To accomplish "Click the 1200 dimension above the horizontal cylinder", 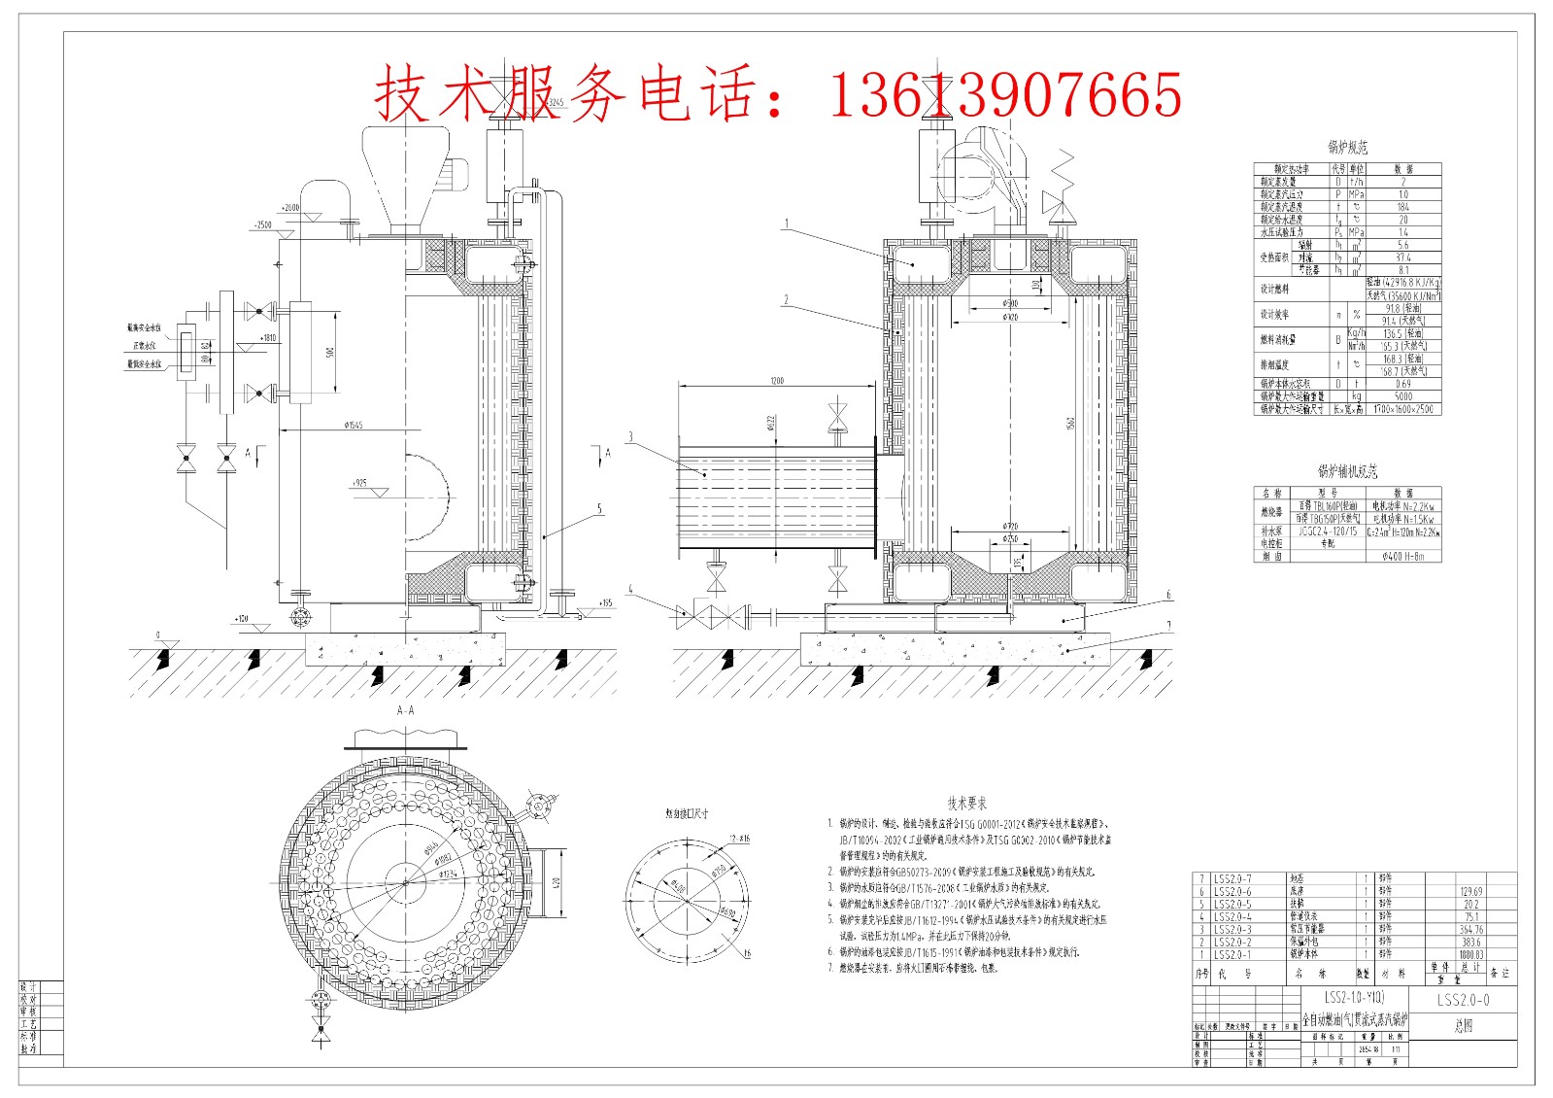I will pos(776,380).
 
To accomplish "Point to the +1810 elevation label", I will pos(267,338).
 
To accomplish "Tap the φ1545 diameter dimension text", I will pos(353,425).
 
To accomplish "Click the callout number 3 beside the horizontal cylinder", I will pos(630,436).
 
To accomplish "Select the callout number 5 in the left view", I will pos(599,507).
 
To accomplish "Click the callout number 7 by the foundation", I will pos(1169,626).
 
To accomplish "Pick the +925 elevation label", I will pos(359,482).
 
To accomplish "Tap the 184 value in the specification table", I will pos(1402,207).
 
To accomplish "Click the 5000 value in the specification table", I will pos(1402,396).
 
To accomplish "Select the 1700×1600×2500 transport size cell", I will pos(1402,409).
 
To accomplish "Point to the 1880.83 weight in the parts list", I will pos(1470,955).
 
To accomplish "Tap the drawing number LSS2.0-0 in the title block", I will pos(1463,1000).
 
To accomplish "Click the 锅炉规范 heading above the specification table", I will pos(1347,148).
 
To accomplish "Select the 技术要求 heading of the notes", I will pos(966,803).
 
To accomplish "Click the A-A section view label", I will pos(405,710).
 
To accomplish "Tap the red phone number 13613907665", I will pos(1004,94).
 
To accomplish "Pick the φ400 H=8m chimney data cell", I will pos(1402,557).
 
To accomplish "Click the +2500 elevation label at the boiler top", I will pos(262,224).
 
